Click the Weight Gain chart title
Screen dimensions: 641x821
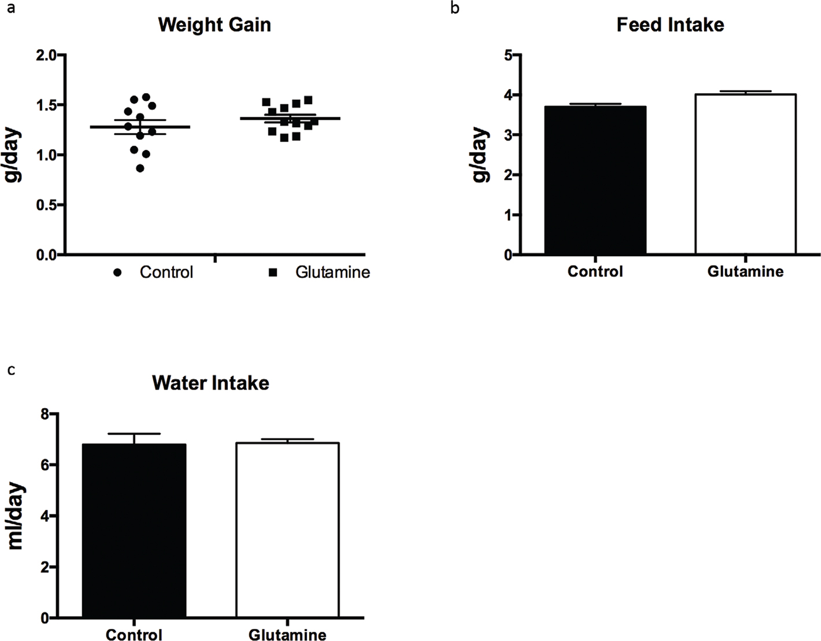[x=214, y=25]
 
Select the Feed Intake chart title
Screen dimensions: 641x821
[x=670, y=25]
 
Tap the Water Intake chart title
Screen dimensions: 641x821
[x=211, y=383]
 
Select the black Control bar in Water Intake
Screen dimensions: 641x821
[x=134, y=531]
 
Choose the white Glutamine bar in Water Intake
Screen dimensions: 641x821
[x=287, y=530]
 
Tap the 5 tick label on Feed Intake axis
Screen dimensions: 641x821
[x=508, y=55]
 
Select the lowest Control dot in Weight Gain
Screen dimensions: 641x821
[x=141, y=168]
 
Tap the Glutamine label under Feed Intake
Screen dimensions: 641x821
[x=745, y=271]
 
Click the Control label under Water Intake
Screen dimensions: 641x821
[x=134, y=635]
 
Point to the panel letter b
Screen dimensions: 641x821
[x=455, y=9]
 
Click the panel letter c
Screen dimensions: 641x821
[x=11, y=369]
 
